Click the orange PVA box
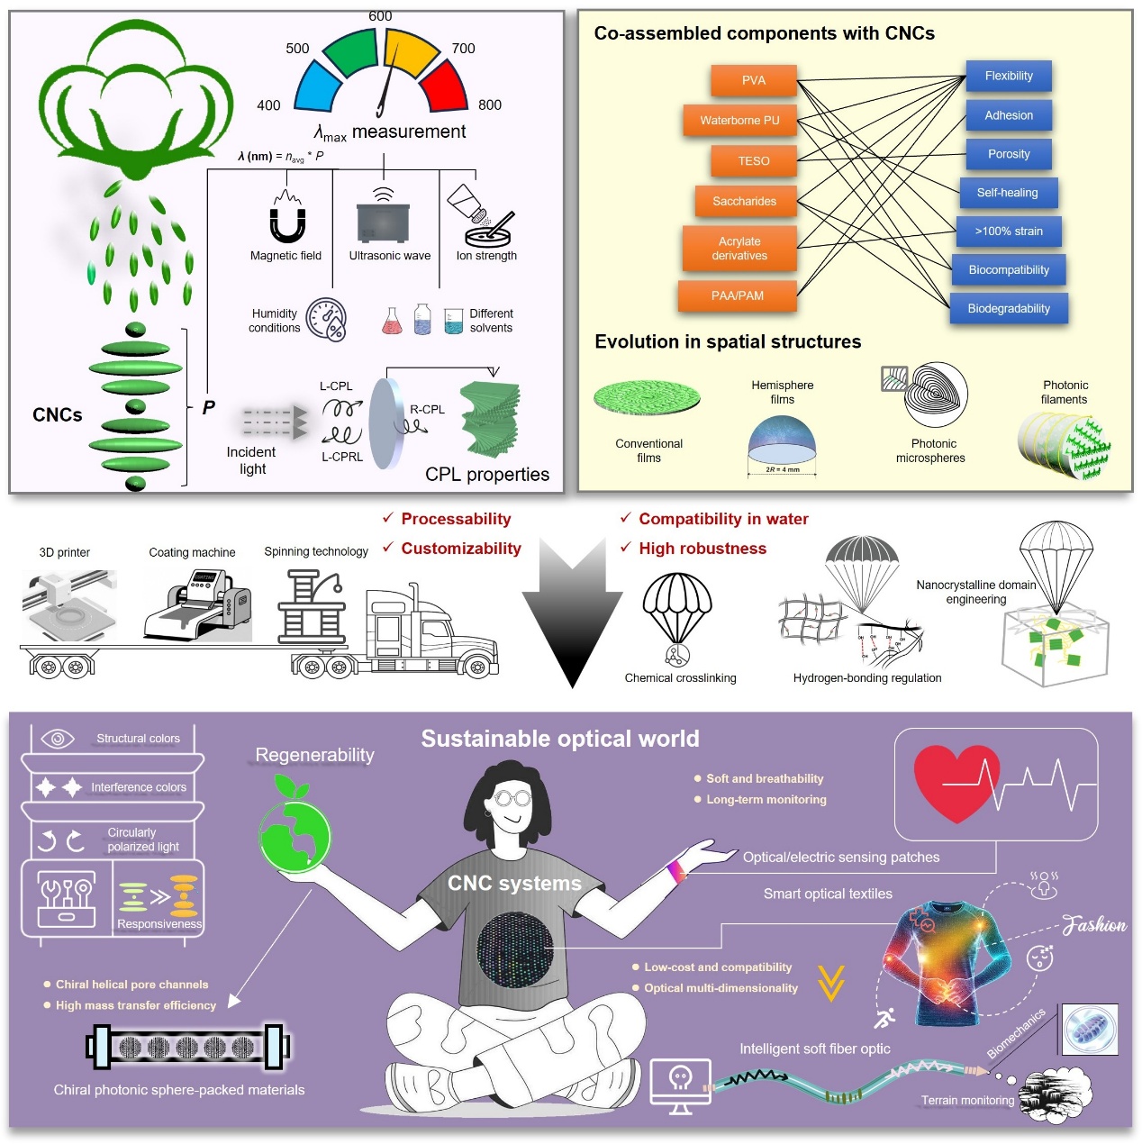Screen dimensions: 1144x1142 [x=754, y=80]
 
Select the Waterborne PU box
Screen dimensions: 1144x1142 [x=739, y=120]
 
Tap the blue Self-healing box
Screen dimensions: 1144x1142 [x=1007, y=193]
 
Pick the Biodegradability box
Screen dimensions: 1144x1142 [x=1009, y=308]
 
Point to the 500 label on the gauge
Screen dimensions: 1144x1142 [x=297, y=49]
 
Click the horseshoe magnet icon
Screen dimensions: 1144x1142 [x=286, y=221]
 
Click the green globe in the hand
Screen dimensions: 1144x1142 [x=294, y=835]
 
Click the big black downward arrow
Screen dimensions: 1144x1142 [x=572, y=613]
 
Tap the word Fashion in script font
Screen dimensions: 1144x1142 [x=1094, y=925]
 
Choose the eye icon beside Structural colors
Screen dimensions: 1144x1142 [x=57, y=739]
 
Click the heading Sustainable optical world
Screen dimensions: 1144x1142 [x=559, y=739]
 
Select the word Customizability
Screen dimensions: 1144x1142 [x=460, y=549]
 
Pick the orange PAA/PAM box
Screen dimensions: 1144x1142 [x=737, y=295]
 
